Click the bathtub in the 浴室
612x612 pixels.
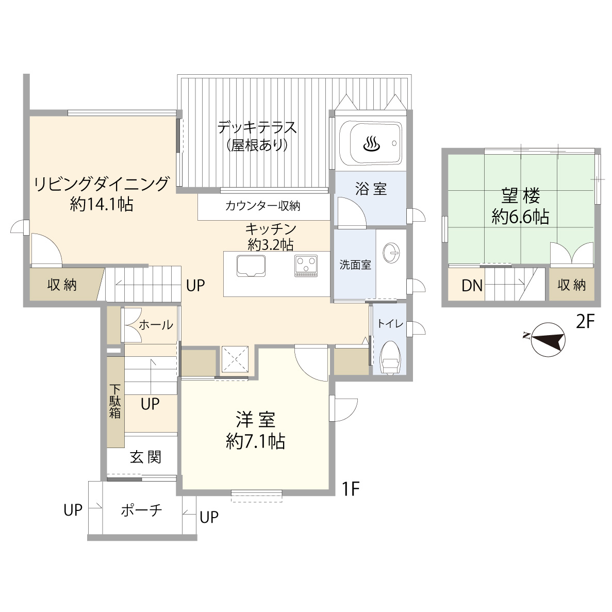370,143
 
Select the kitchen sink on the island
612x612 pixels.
251,266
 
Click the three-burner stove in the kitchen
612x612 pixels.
306,266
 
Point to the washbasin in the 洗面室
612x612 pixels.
391,253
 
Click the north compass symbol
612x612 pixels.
548,339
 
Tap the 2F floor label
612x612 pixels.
585,322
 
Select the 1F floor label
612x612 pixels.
350,488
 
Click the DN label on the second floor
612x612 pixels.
472,286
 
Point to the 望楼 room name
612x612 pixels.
520,195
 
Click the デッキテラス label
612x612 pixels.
257,127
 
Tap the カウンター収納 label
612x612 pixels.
262,206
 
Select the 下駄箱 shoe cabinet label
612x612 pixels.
115,401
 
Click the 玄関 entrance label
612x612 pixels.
145,457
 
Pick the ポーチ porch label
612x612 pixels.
141,510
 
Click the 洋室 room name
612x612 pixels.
256,420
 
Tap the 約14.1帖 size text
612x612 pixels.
102,204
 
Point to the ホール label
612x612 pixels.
156,325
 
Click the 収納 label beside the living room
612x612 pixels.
62,285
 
